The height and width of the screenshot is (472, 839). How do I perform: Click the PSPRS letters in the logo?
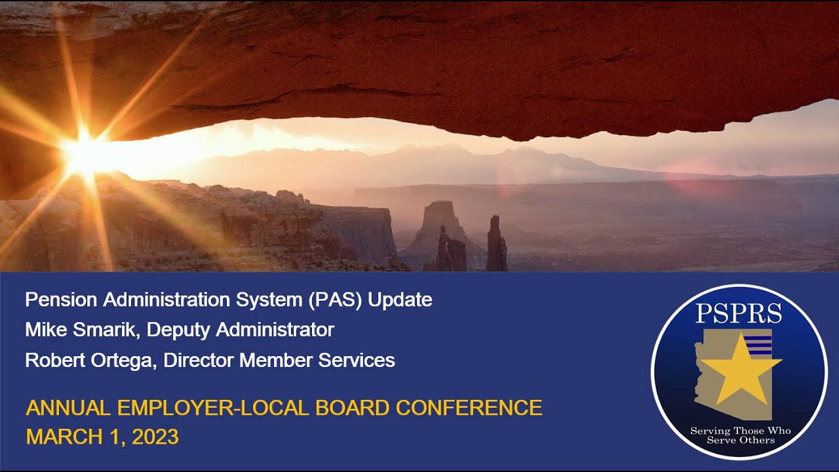coord(739,314)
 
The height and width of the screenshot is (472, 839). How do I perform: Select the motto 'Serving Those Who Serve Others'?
coord(740,435)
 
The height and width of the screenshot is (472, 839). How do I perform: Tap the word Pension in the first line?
coord(60,300)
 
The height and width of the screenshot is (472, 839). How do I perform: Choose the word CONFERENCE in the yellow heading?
coord(469,408)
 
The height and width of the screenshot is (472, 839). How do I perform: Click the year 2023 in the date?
coord(155,437)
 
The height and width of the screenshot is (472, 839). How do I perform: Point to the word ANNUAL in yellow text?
coord(69,408)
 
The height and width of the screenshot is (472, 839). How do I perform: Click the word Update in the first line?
coord(400,300)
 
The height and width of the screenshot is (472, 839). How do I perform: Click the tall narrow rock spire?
coord(496,244)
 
